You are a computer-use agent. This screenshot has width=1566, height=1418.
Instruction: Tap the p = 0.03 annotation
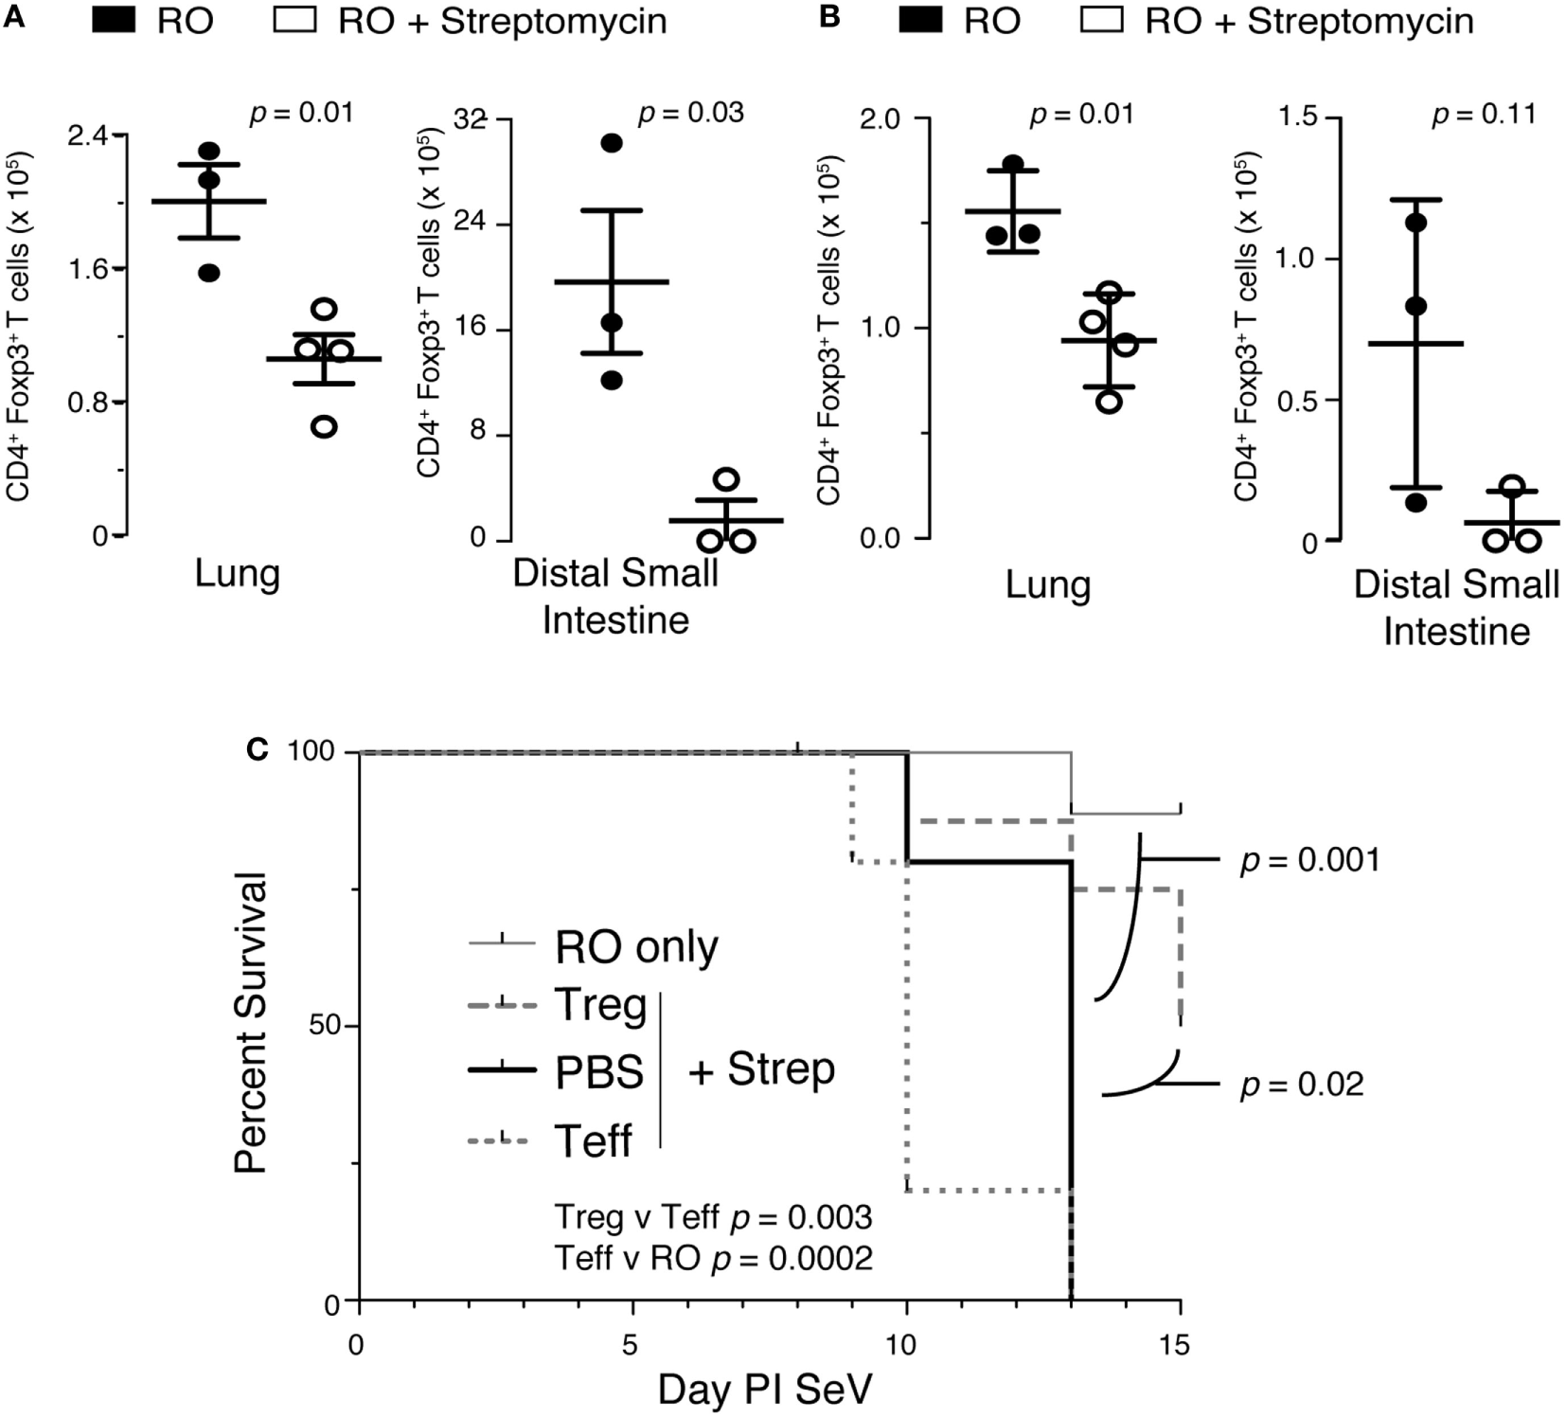click(x=690, y=113)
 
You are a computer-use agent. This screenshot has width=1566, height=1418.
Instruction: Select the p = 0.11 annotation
click(x=1484, y=115)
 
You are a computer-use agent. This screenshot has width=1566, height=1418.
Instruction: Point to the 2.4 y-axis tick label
click(x=88, y=135)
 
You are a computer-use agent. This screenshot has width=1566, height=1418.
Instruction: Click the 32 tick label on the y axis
click(x=470, y=119)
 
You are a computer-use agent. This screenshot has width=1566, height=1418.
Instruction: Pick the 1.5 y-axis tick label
click(x=1297, y=117)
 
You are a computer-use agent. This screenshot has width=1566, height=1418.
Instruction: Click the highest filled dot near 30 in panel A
click(x=612, y=143)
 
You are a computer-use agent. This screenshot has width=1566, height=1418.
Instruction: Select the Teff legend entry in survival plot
click(x=593, y=1140)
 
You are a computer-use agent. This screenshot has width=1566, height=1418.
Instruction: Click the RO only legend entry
click(x=636, y=945)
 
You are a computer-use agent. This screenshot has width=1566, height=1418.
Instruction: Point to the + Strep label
click(x=761, y=1069)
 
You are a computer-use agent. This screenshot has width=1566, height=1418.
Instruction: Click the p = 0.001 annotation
click(x=1309, y=861)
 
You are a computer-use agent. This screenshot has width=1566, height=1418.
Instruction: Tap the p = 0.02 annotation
click(x=1302, y=1085)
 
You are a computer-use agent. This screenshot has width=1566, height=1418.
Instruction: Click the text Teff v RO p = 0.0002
click(x=713, y=1258)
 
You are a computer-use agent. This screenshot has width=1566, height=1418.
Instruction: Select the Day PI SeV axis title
click(x=765, y=1390)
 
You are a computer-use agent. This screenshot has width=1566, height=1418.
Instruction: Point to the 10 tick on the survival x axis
click(x=907, y=1345)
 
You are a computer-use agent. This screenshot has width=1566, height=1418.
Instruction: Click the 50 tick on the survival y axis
click(x=326, y=1027)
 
